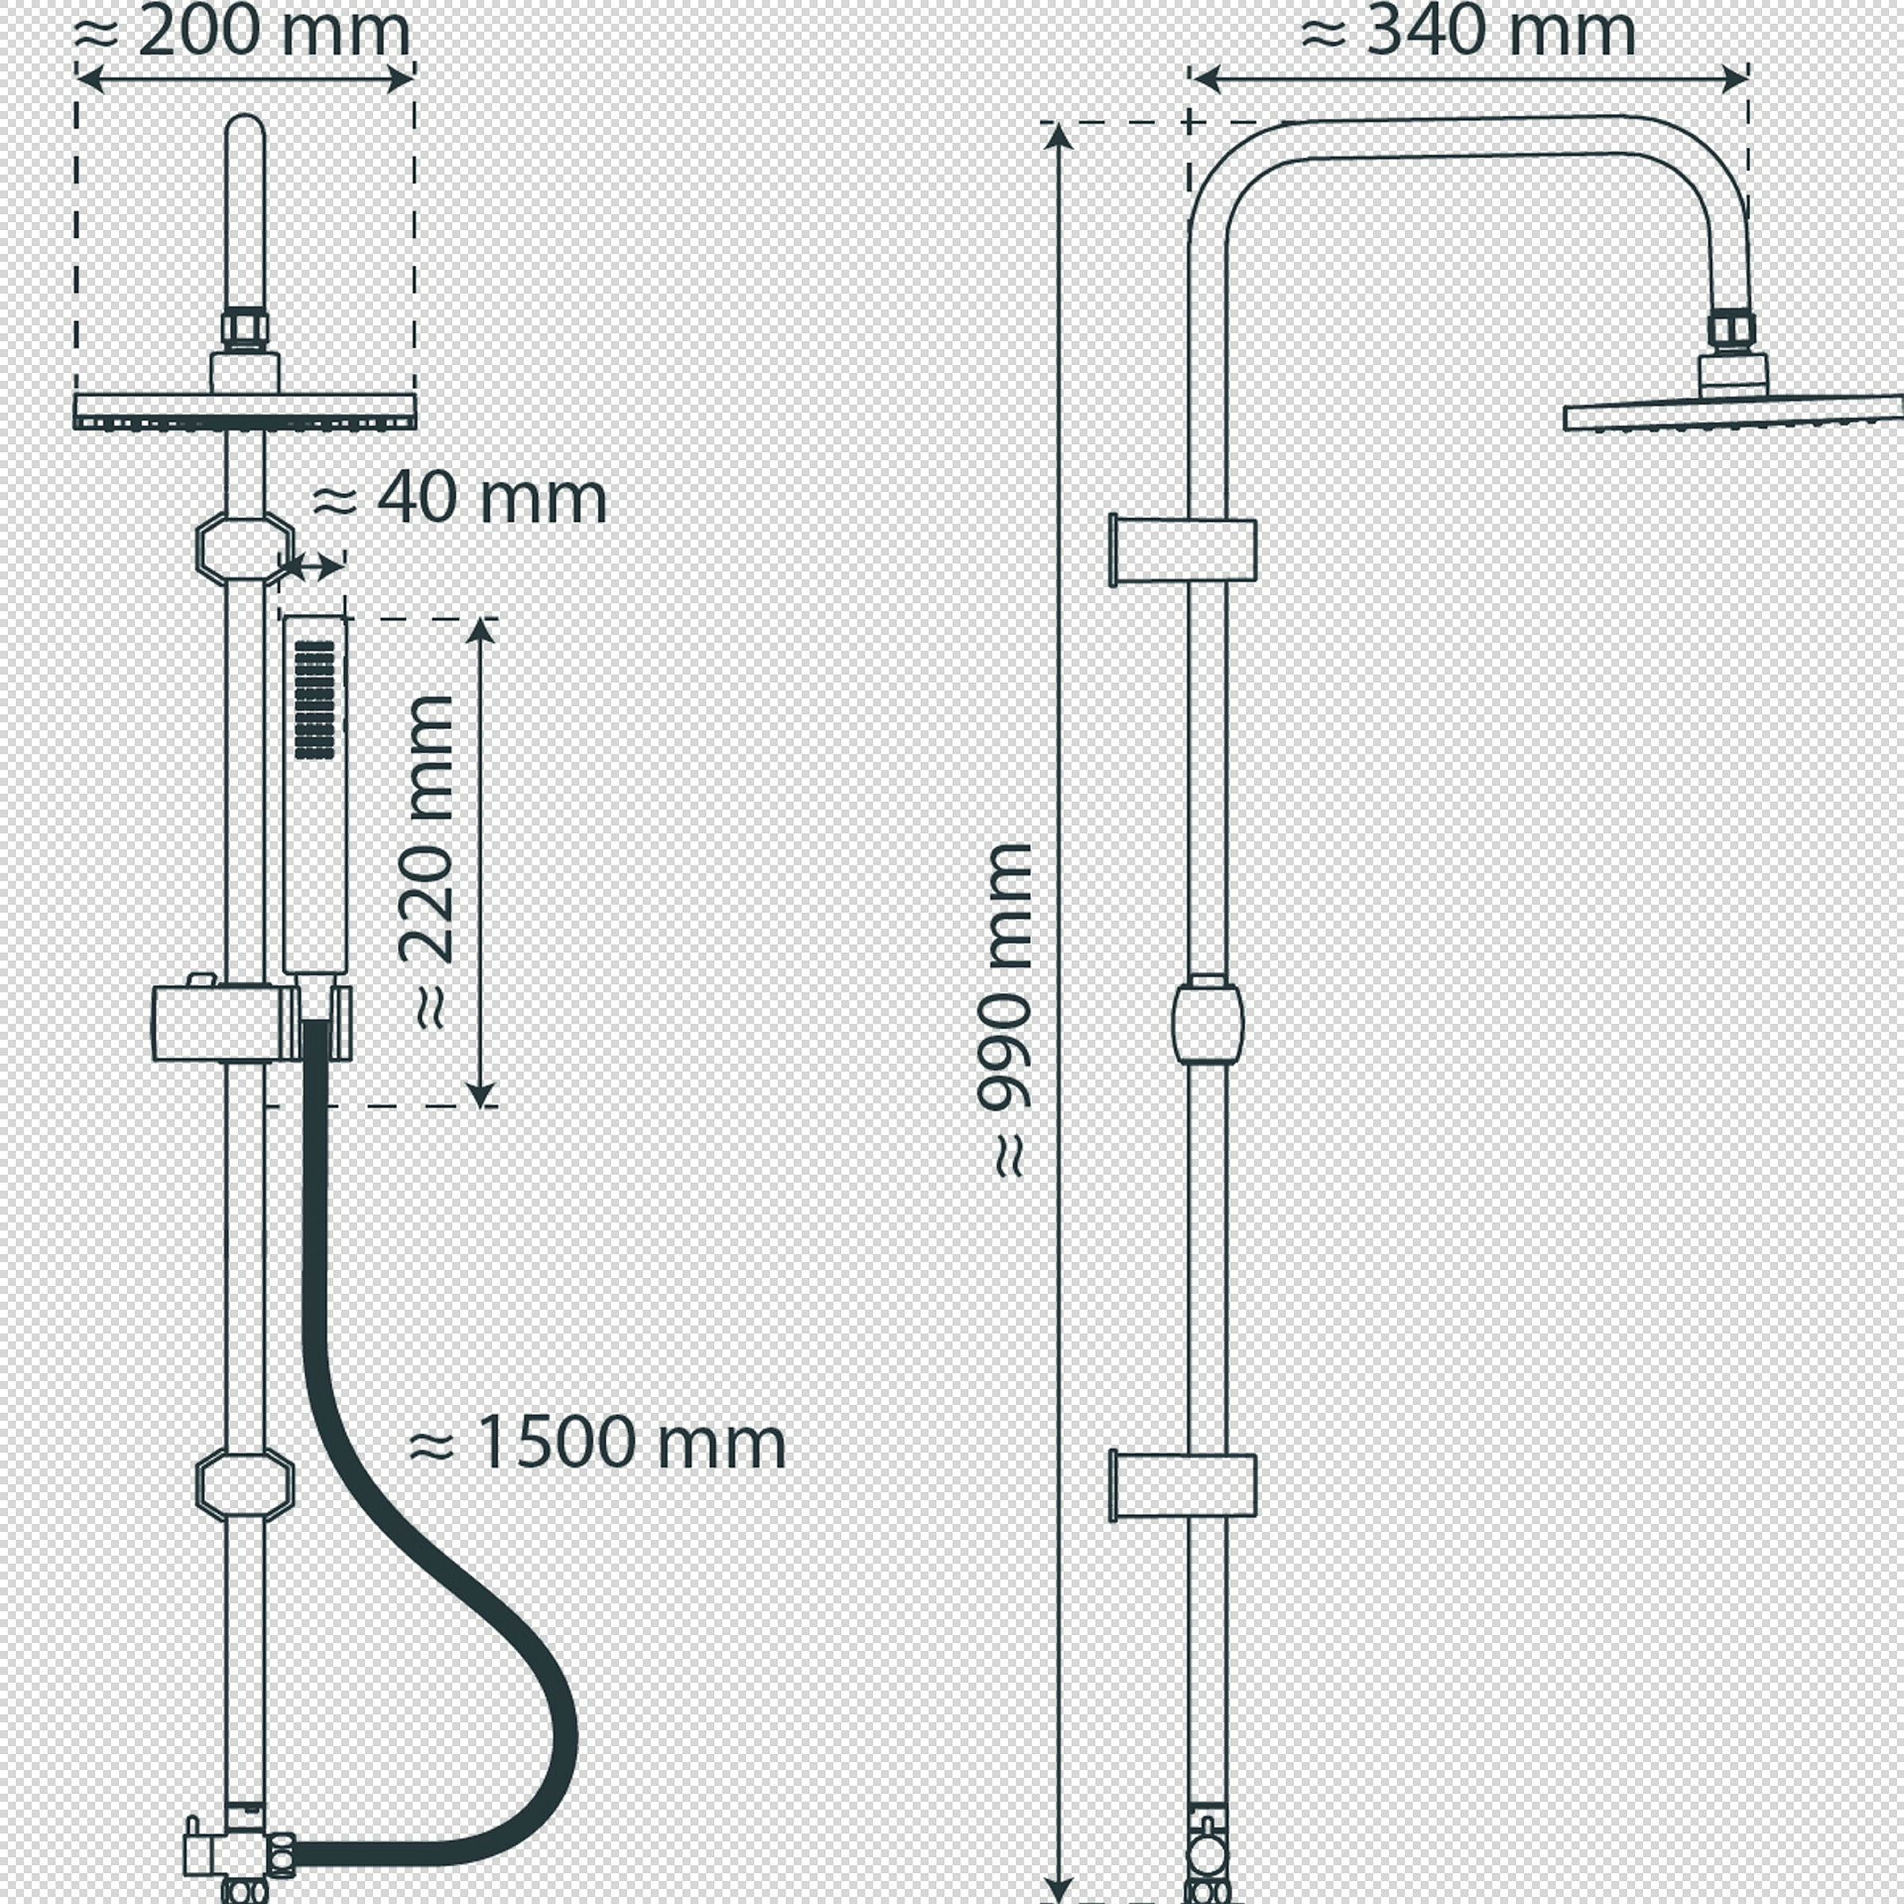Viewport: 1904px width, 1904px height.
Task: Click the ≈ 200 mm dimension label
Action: (x=243, y=32)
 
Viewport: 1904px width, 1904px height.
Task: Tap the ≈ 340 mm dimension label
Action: (x=1468, y=32)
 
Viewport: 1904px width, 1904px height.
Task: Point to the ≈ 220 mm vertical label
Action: (x=426, y=862)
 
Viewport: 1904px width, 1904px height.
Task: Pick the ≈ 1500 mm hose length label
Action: (x=597, y=1444)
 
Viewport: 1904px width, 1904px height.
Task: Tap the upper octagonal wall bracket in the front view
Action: (x=245, y=549)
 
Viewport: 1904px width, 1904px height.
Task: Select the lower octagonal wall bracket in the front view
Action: (x=245, y=1484)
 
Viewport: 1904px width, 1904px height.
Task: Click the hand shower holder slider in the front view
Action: (x=252, y=1022)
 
